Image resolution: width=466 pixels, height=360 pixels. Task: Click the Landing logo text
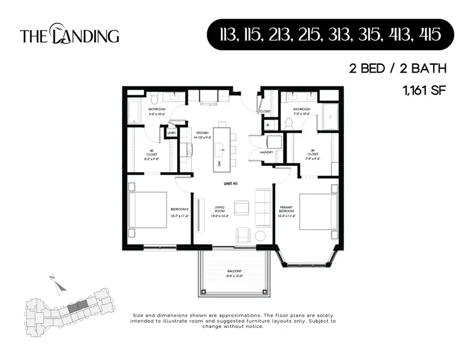click(69, 35)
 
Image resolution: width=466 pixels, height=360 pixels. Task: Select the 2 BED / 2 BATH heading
click(397, 69)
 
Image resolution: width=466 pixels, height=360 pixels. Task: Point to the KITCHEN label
click(201, 133)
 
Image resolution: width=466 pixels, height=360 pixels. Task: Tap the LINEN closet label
click(171, 133)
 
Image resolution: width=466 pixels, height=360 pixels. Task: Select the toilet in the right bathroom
click(289, 123)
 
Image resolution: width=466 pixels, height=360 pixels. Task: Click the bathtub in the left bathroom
click(134, 111)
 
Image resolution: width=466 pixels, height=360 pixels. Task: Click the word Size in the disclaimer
click(138, 315)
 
